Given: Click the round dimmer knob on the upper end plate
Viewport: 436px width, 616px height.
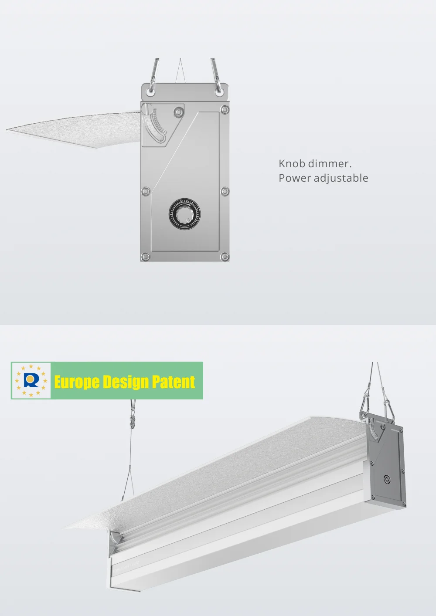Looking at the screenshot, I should click(184, 214).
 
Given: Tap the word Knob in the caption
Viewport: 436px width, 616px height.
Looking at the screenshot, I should click(292, 164).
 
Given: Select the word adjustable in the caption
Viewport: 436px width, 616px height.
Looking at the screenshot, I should click(341, 178).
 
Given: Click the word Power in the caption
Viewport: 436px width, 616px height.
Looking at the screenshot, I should click(294, 178).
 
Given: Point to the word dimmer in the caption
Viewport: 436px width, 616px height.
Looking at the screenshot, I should click(330, 164).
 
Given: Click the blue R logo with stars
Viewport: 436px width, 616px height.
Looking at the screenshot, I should click(31, 381).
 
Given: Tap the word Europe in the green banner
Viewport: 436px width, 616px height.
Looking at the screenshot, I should click(77, 382).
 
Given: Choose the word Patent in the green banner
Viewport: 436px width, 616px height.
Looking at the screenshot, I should click(173, 382).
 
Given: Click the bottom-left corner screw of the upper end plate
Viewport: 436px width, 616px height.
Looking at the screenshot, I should click(146, 257).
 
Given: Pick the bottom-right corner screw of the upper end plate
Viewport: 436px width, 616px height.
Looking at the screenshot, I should click(225, 257).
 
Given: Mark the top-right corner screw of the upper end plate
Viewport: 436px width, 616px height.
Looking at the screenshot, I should click(225, 109).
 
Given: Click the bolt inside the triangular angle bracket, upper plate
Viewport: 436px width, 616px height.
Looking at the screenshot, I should click(178, 112).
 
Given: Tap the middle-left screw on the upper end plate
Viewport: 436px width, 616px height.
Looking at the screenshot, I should click(146, 191).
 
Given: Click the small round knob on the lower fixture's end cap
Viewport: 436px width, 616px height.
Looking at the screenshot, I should click(387, 479).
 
